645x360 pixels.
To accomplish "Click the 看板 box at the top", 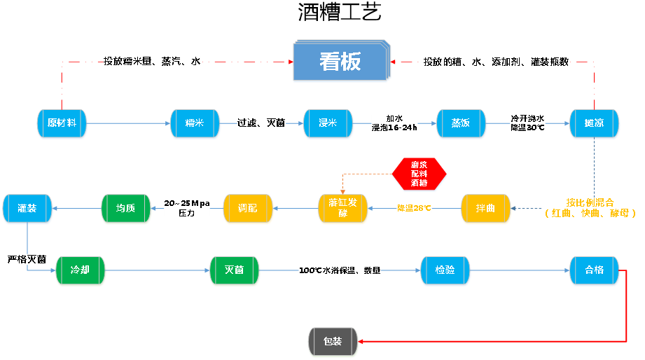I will [x=340, y=62].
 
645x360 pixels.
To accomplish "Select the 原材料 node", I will [x=62, y=123].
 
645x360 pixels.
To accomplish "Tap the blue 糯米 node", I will [x=195, y=123].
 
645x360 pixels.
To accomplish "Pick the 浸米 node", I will [x=328, y=123].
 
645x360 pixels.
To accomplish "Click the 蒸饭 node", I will [x=461, y=123].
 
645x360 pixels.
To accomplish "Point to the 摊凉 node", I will [x=594, y=123].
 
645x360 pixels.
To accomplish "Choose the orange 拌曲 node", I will [x=485, y=209].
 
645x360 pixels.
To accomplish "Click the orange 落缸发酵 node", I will [x=342, y=209].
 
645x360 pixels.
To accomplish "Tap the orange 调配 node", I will [x=247, y=209].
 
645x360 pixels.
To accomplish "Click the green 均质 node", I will [x=125, y=209].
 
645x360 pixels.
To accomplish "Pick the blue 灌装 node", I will [x=27, y=209].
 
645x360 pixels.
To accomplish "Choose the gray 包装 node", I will [x=333, y=342].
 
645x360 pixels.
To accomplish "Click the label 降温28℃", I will [x=414, y=208].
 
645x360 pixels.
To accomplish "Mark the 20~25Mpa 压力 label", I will [x=187, y=208].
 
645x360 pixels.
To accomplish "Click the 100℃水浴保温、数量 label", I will [x=340, y=270].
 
